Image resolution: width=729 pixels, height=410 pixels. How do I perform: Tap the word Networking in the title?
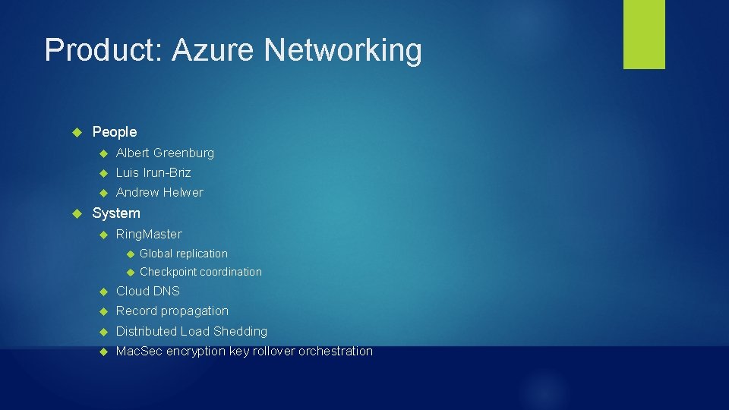point(342,51)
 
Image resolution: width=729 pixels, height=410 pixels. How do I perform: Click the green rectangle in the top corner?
point(644,33)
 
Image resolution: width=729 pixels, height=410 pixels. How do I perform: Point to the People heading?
point(115,132)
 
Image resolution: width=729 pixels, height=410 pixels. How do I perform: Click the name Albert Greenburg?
point(165,153)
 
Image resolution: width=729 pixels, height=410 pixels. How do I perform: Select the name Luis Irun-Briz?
point(153,172)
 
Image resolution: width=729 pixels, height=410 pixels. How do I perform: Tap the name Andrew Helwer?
point(159,192)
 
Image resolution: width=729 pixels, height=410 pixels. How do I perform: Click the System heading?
point(116,213)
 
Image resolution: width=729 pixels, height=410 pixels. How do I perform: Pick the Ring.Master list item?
point(149,234)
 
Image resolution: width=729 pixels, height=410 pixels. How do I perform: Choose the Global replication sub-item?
point(184,254)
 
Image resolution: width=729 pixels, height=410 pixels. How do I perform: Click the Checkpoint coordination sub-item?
point(200,272)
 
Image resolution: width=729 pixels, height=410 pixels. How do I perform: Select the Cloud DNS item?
point(148,291)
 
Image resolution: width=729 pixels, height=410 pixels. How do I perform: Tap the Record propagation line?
point(172,311)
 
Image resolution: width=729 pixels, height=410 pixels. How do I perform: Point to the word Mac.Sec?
point(138,351)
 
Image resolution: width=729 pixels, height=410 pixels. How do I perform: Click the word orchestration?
point(336,351)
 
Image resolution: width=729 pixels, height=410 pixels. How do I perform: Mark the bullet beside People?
point(76,132)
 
